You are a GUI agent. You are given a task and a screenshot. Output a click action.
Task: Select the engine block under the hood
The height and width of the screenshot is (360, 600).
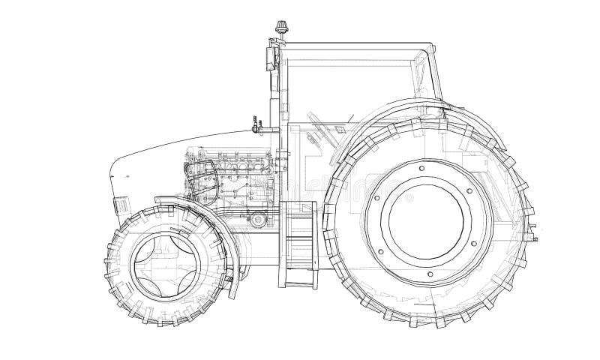tap(236, 180)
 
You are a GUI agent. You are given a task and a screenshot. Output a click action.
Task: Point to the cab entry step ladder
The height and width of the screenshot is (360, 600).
tap(299, 244)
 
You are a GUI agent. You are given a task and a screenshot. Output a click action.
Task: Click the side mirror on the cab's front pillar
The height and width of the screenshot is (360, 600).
tap(269, 58)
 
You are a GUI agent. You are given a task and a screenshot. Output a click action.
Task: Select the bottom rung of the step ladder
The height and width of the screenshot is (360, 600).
tap(300, 283)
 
